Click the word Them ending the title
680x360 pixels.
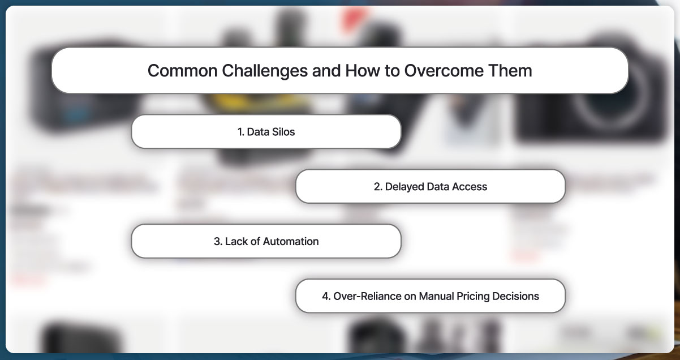511,71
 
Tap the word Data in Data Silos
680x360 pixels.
258,132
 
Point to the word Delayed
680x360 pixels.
404,187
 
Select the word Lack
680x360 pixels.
236,242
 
